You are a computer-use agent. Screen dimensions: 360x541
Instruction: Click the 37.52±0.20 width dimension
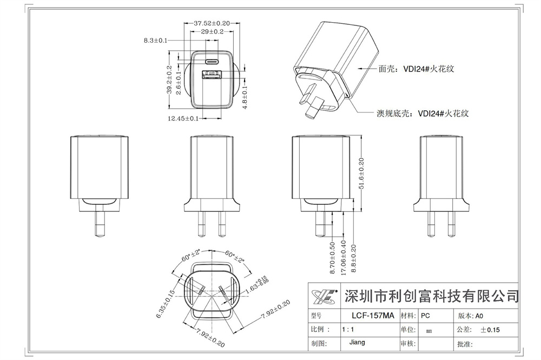click(x=212, y=23)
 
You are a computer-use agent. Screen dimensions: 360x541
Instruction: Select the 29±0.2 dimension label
click(x=212, y=32)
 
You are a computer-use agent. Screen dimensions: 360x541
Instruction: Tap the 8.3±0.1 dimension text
click(x=156, y=41)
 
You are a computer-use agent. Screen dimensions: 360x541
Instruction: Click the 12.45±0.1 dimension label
click(x=183, y=118)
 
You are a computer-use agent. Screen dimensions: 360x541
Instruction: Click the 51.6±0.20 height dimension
click(x=361, y=174)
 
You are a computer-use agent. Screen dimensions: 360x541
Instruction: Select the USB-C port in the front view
click(x=212, y=59)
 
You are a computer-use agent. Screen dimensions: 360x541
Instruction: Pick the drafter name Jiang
click(x=357, y=342)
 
